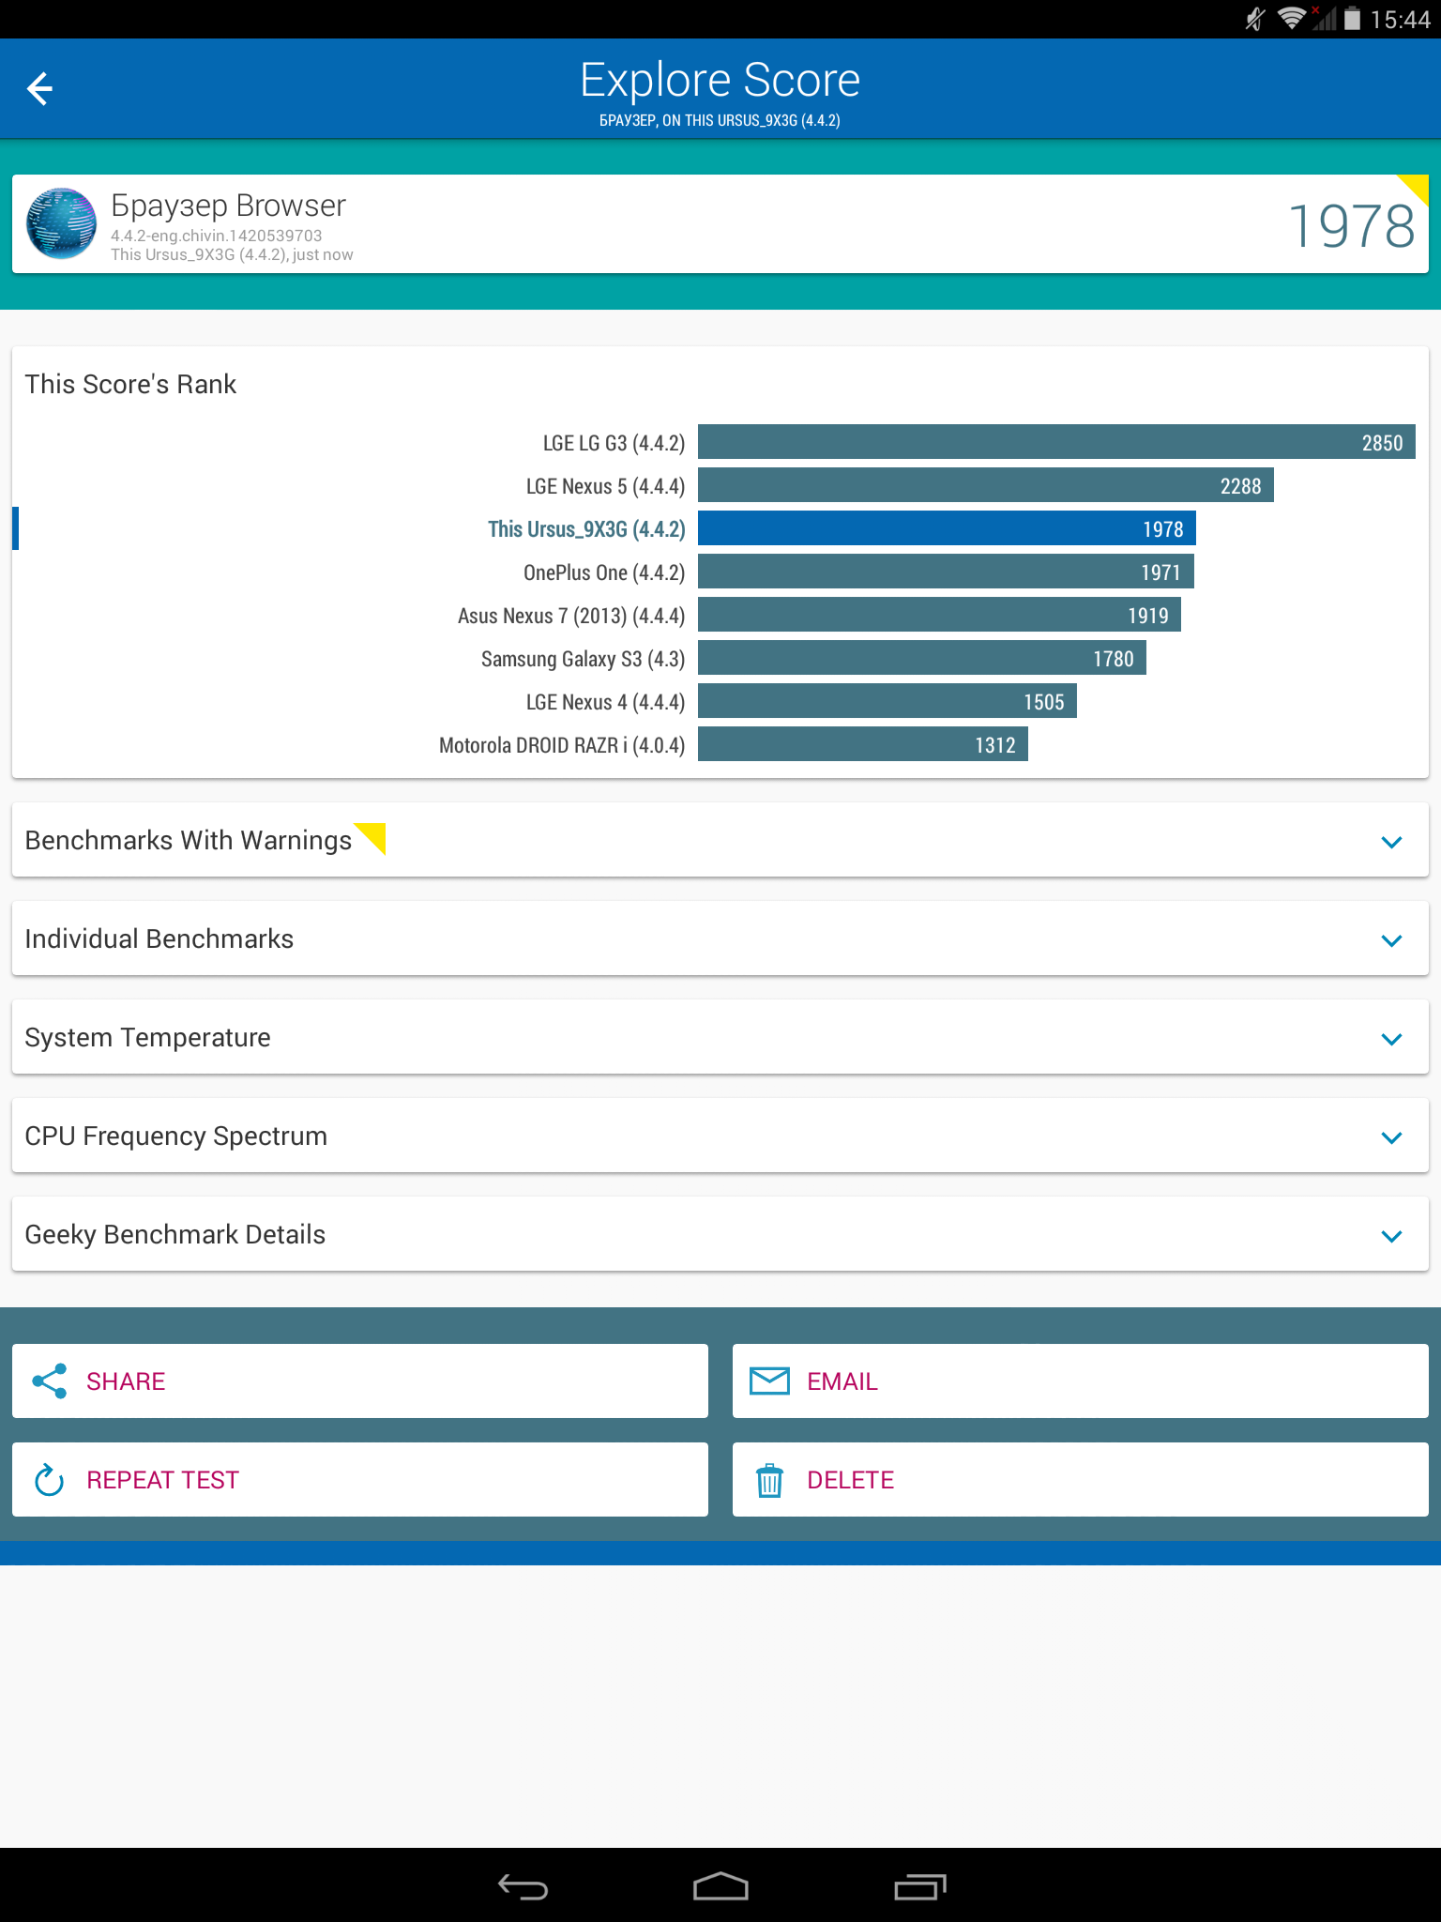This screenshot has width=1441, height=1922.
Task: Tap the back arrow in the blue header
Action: click(x=39, y=89)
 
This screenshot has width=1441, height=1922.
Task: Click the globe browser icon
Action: click(x=61, y=223)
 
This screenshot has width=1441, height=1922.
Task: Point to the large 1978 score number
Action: click(x=1351, y=226)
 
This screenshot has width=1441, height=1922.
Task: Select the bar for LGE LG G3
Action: click(x=1055, y=442)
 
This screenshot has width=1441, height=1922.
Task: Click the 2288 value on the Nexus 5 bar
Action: click(x=1240, y=486)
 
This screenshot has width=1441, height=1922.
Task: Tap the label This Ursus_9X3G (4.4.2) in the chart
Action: click(x=586, y=529)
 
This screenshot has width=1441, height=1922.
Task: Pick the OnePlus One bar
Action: click(x=945, y=572)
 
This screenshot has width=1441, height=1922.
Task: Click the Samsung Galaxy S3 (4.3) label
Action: click(x=583, y=659)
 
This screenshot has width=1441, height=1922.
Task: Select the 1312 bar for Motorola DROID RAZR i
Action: click(x=862, y=745)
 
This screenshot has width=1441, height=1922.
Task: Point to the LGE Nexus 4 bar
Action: click(x=887, y=702)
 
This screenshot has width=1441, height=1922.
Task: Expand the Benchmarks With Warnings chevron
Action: click(x=1391, y=842)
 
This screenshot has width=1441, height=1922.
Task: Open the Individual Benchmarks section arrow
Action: click(x=1391, y=940)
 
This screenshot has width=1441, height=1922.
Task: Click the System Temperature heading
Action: click(x=147, y=1038)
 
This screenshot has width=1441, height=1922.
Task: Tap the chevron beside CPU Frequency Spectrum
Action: click(x=1391, y=1137)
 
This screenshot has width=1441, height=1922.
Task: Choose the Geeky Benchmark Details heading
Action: click(x=174, y=1235)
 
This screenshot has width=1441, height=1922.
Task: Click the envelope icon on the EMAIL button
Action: click(x=769, y=1381)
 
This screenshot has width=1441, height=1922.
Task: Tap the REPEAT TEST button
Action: click(x=359, y=1480)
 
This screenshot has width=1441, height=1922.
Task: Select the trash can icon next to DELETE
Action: click(x=769, y=1481)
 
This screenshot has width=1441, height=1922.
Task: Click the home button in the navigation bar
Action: click(x=720, y=1885)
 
